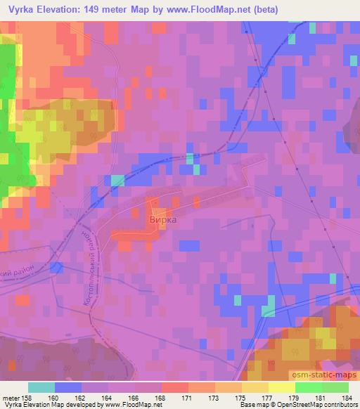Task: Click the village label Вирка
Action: [163, 219]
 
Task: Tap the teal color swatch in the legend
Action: [41, 387]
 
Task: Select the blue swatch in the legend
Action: [68, 387]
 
